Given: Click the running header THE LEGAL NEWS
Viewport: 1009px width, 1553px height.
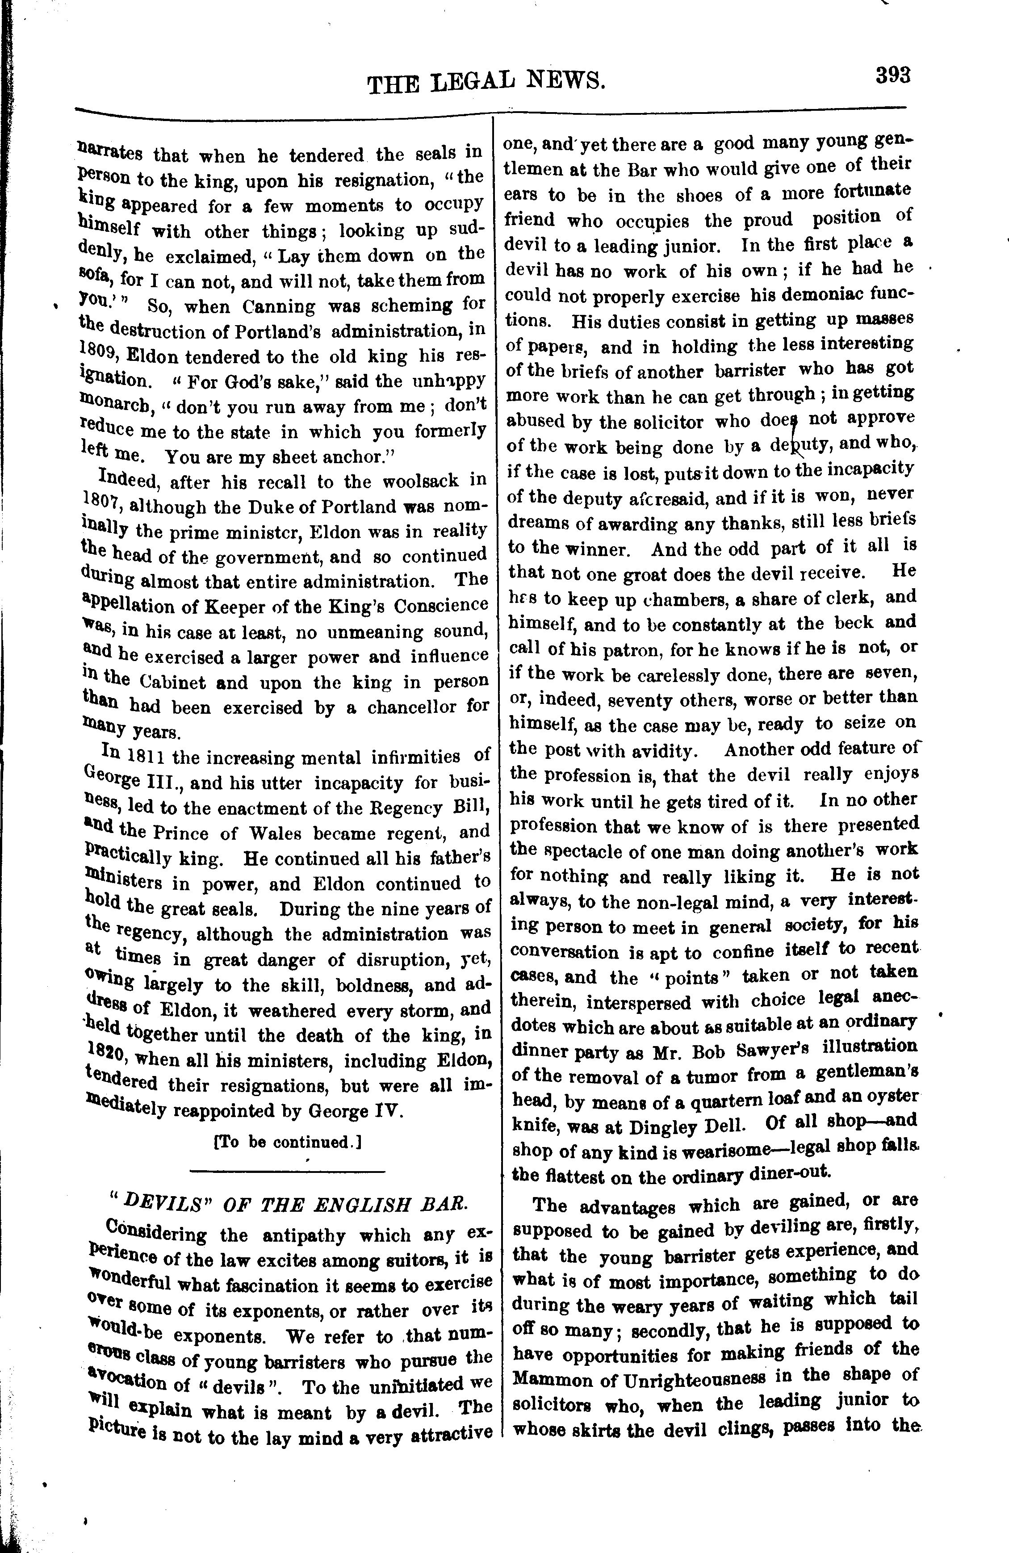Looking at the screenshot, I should (x=486, y=82).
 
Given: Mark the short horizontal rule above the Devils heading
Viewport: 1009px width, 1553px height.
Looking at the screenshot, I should (x=287, y=1172).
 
